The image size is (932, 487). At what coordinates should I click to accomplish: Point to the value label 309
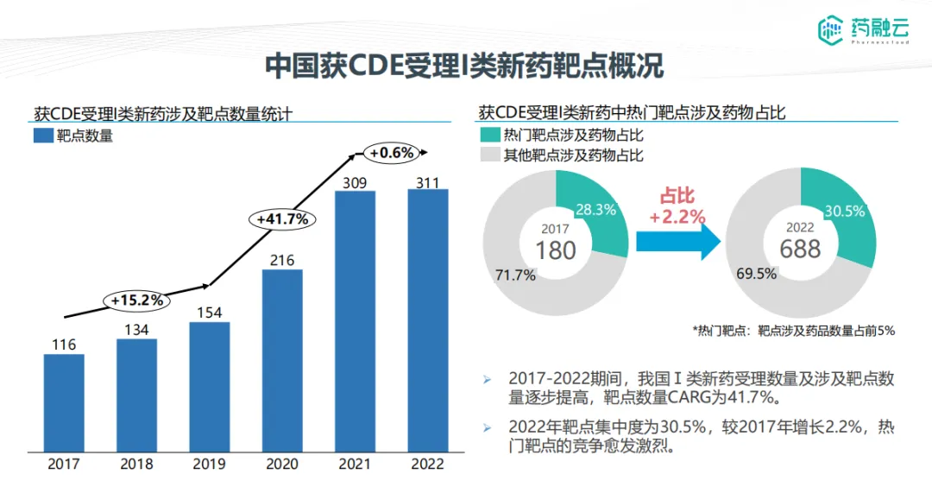tap(355, 182)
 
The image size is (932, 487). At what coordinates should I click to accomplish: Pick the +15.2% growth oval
tap(137, 300)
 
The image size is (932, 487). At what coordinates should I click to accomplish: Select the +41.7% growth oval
tap(282, 218)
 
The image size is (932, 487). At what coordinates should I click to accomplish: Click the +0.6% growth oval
tap(393, 153)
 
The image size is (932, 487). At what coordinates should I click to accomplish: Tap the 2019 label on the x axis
tap(210, 464)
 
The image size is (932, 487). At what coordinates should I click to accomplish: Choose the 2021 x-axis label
tap(355, 464)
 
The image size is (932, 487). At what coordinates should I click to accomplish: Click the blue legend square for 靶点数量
tap(43, 136)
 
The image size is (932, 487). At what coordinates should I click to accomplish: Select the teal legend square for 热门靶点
tap(490, 135)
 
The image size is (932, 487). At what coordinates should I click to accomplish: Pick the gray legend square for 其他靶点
tap(490, 155)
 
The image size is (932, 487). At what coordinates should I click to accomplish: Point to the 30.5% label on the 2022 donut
tap(846, 212)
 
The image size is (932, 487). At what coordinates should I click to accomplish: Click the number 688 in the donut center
tap(801, 249)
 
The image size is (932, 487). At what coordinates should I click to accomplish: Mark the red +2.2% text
tap(677, 217)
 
